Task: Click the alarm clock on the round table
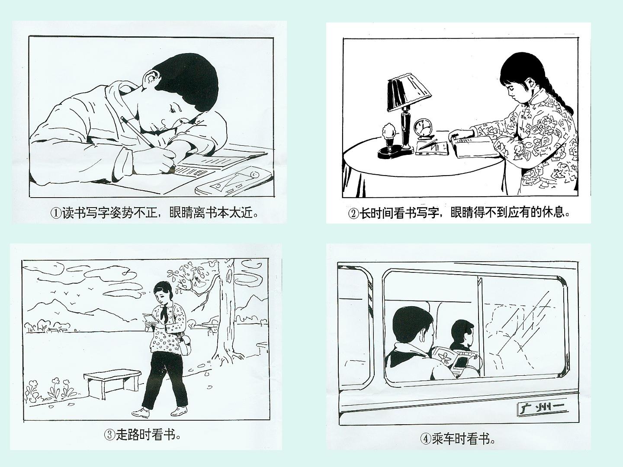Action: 423,129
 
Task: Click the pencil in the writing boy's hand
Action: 137,132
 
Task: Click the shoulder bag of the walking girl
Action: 185,345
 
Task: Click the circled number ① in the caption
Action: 56,213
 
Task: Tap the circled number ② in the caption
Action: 354,213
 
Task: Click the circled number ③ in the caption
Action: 109,435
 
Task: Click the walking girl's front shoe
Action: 141,412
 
